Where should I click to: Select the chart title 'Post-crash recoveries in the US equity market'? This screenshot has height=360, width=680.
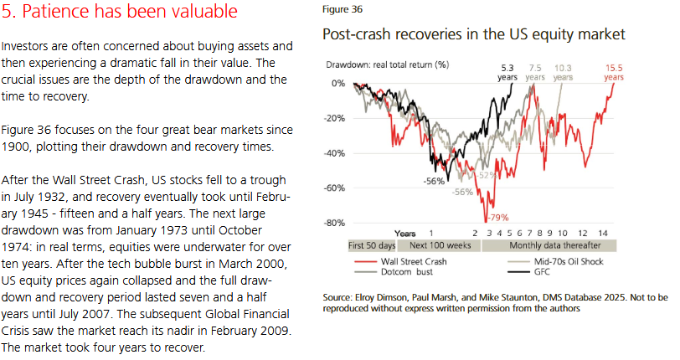tap(474, 35)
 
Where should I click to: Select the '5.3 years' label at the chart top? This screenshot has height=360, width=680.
tap(507, 71)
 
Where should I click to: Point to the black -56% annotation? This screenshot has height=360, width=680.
tap(434, 181)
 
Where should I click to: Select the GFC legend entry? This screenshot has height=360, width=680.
tap(545, 273)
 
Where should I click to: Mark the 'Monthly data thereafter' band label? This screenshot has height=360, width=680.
tap(549, 246)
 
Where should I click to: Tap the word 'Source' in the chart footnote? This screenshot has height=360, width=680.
tap(337, 298)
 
